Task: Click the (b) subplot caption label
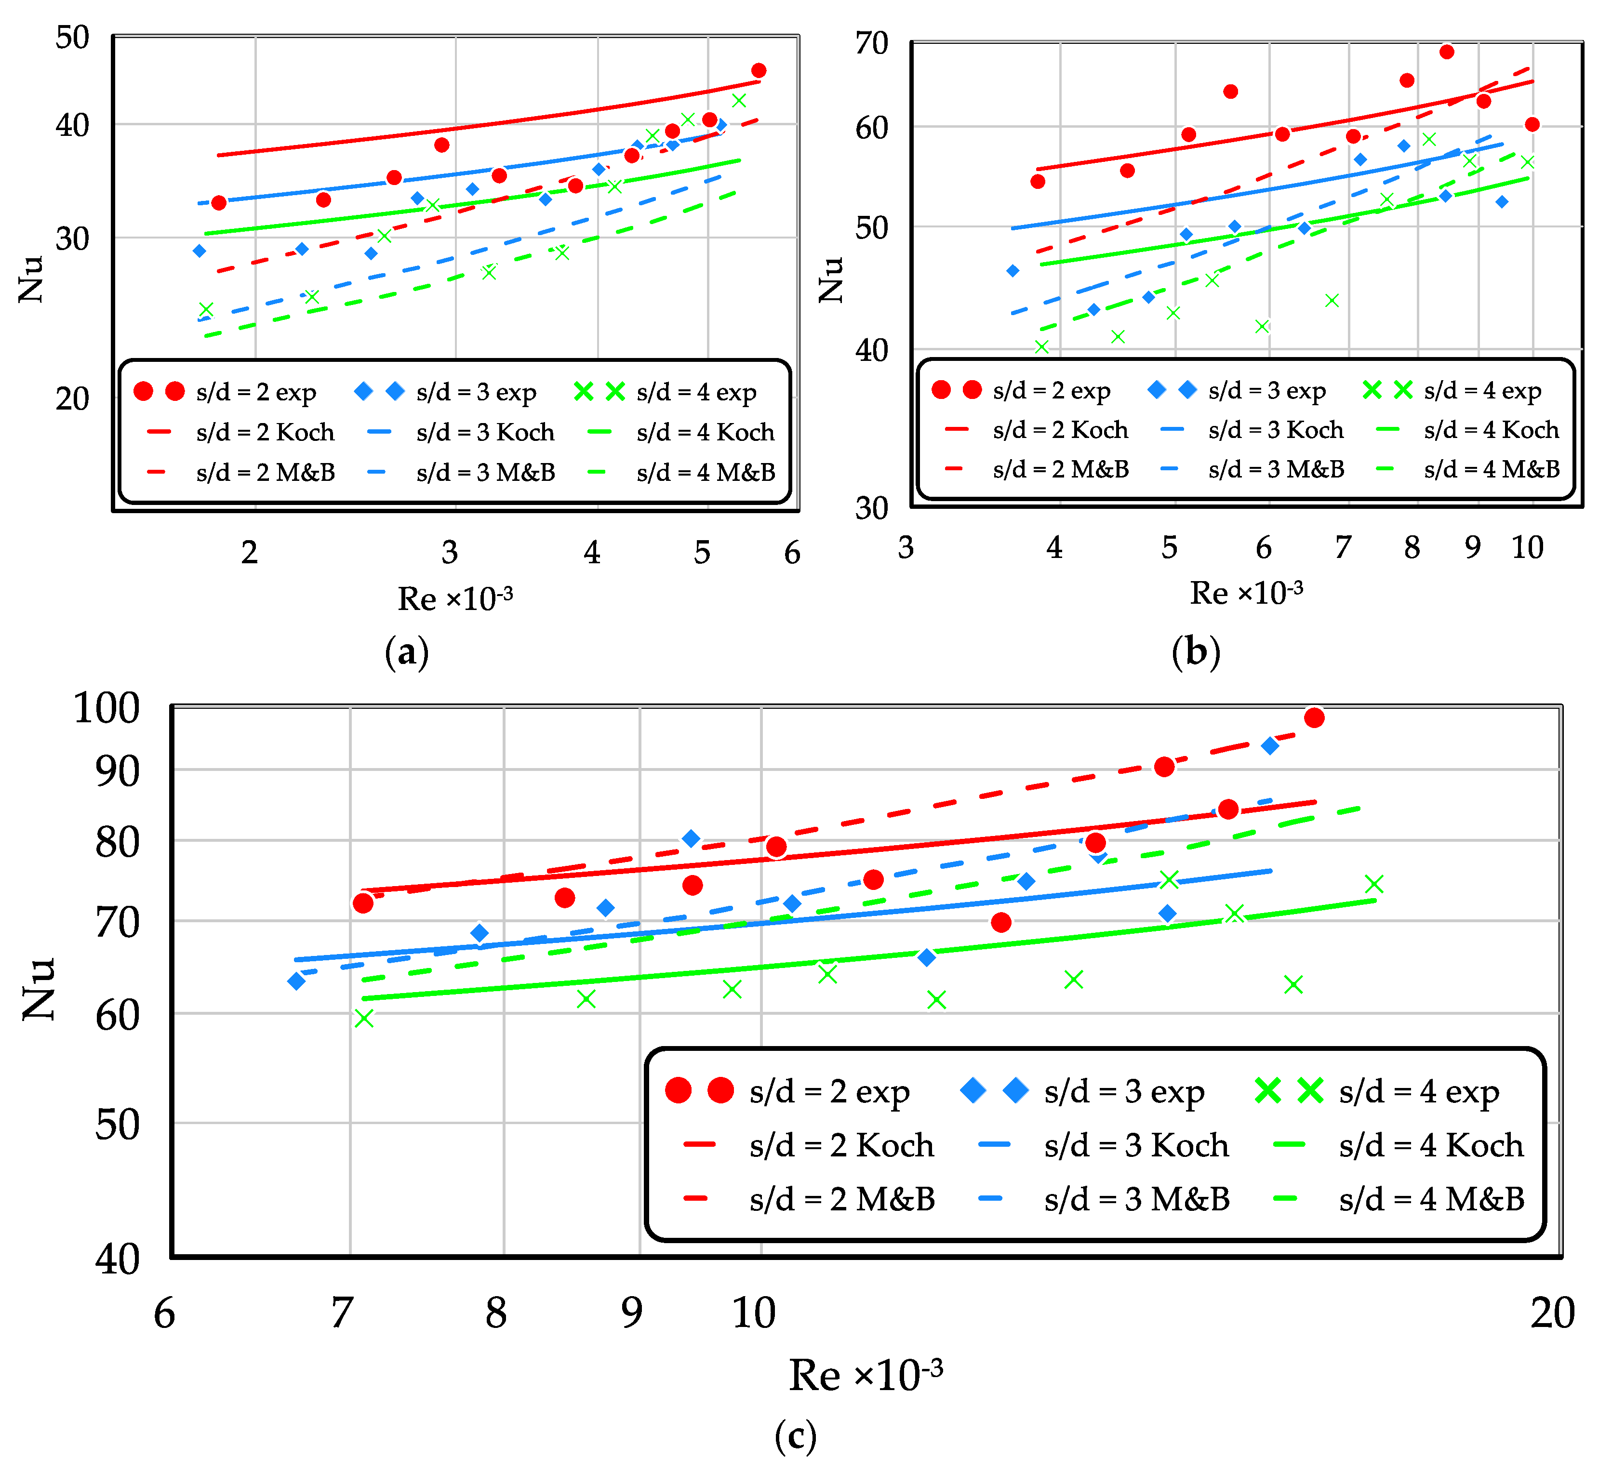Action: tap(1195, 651)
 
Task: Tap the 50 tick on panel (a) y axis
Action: tap(72, 38)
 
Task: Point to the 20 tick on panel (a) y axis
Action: tap(72, 398)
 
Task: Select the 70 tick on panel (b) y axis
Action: tap(872, 43)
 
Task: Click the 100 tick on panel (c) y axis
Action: tap(106, 707)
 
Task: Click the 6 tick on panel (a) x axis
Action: tap(792, 552)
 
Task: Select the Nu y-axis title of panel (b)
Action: tap(830, 279)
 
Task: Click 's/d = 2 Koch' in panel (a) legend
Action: tap(265, 432)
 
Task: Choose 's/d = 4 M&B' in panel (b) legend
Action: tap(1491, 469)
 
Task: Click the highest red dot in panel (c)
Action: tap(1314, 717)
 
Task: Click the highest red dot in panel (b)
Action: tap(1447, 52)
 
